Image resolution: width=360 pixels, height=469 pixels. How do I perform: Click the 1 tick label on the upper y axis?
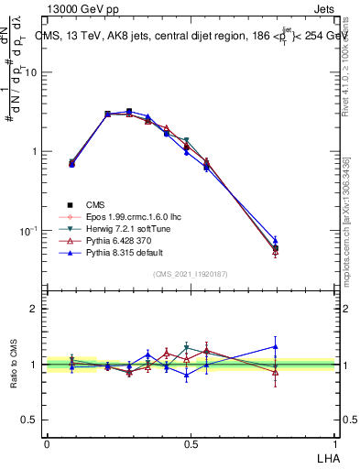(35, 152)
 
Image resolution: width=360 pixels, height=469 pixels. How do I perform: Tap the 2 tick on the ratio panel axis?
(34, 309)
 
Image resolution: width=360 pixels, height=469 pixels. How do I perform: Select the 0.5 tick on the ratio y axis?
(30, 420)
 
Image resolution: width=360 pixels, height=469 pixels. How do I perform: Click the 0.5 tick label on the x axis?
(191, 443)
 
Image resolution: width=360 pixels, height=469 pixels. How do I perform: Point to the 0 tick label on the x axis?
(46, 443)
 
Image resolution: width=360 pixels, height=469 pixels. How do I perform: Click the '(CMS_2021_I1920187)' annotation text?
(191, 274)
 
